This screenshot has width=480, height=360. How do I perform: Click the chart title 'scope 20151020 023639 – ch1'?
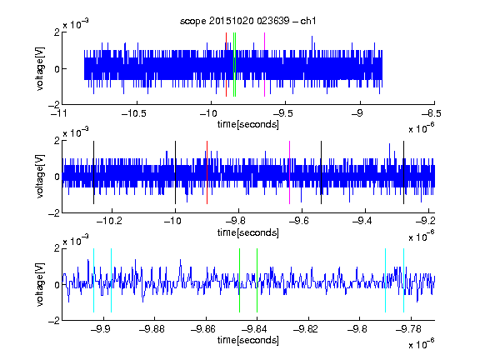(247, 21)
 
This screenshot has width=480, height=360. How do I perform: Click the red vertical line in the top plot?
(226, 65)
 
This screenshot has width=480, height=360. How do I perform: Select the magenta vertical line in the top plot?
(264, 65)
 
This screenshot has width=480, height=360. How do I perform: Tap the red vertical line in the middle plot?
(207, 172)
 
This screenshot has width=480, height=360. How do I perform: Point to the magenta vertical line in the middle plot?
(289, 172)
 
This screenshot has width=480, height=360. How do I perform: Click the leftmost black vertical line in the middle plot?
(93, 172)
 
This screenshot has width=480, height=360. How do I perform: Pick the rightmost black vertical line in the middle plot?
(403, 172)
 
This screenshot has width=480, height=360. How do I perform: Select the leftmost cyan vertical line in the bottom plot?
(93, 280)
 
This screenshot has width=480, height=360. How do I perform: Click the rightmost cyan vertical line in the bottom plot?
(403, 280)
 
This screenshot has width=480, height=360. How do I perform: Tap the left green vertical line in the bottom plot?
(239, 280)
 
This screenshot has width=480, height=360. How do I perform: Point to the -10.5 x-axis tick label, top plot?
(134, 113)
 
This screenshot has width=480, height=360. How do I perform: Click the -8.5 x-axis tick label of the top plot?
(432, 113)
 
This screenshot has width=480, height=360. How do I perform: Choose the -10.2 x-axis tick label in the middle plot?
(109, 221)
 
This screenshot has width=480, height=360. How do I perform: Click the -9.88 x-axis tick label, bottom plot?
(152, 329)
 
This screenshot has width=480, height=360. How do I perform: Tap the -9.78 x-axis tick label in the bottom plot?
(408, 329)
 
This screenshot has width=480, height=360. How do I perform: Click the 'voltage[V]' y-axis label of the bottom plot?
(40, 284)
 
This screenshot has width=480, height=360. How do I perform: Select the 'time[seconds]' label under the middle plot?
(248, 232)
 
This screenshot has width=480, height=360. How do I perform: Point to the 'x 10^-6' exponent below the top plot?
(421, 128)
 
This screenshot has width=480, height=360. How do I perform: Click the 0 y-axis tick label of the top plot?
(57, 69)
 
